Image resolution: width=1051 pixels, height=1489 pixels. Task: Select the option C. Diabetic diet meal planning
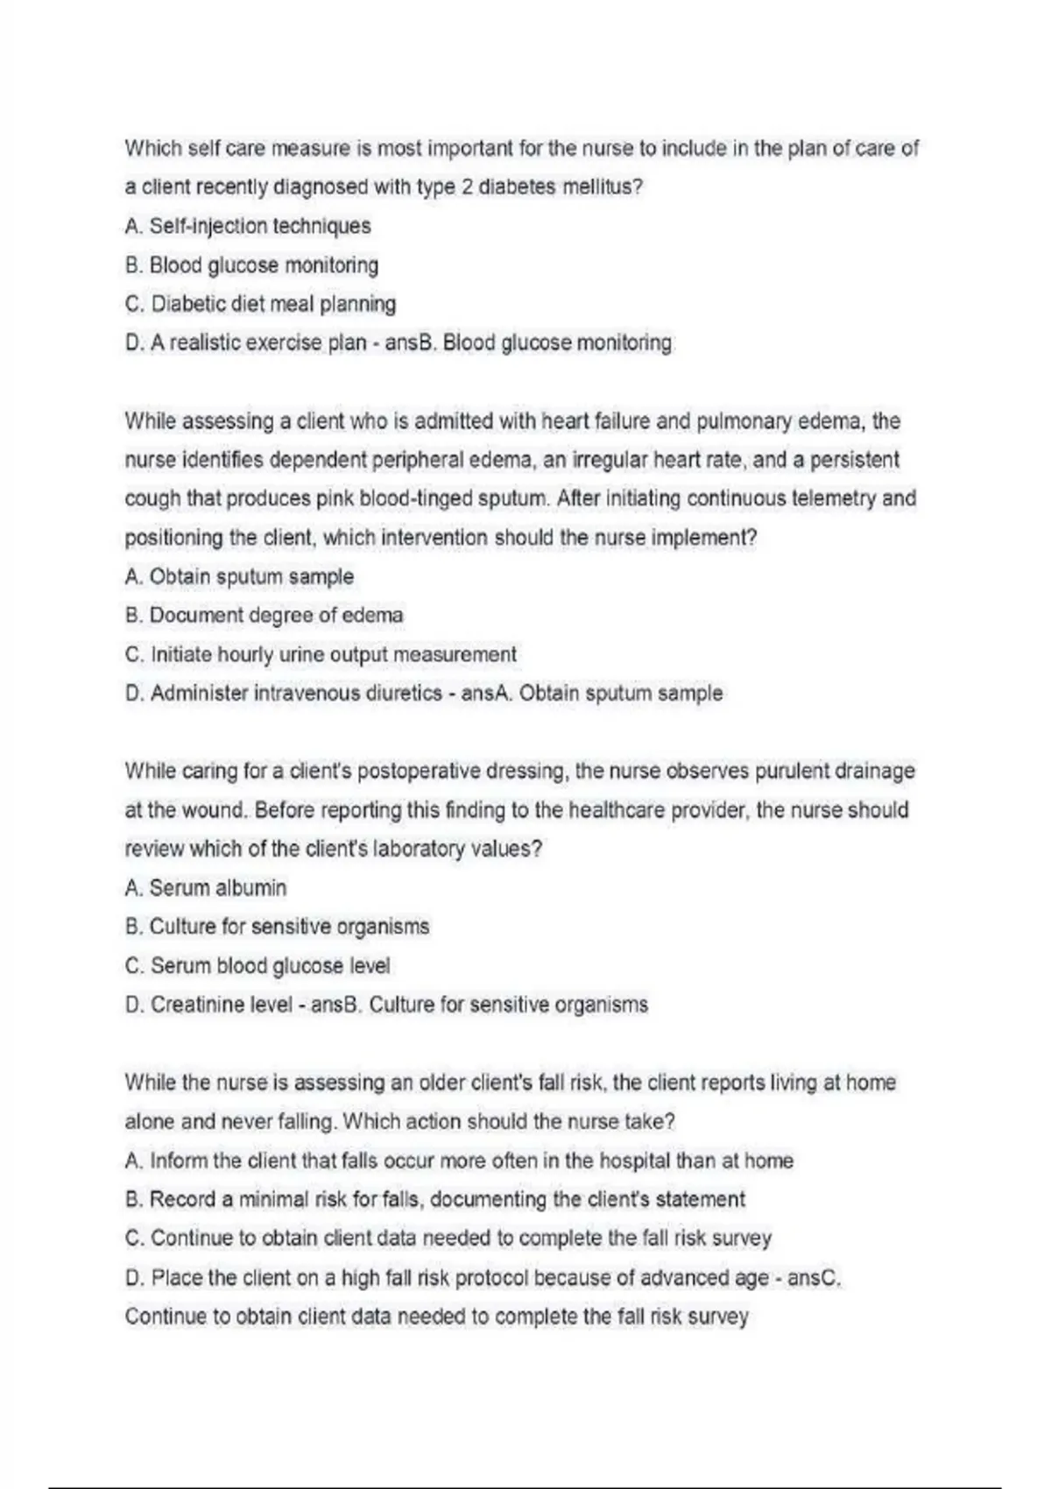(260, 304)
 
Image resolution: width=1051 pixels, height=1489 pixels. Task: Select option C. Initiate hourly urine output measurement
(321, 654)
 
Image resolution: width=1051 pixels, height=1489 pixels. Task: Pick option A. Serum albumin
(206, 888)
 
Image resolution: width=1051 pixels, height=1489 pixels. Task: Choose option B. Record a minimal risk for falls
(435, 1199)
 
